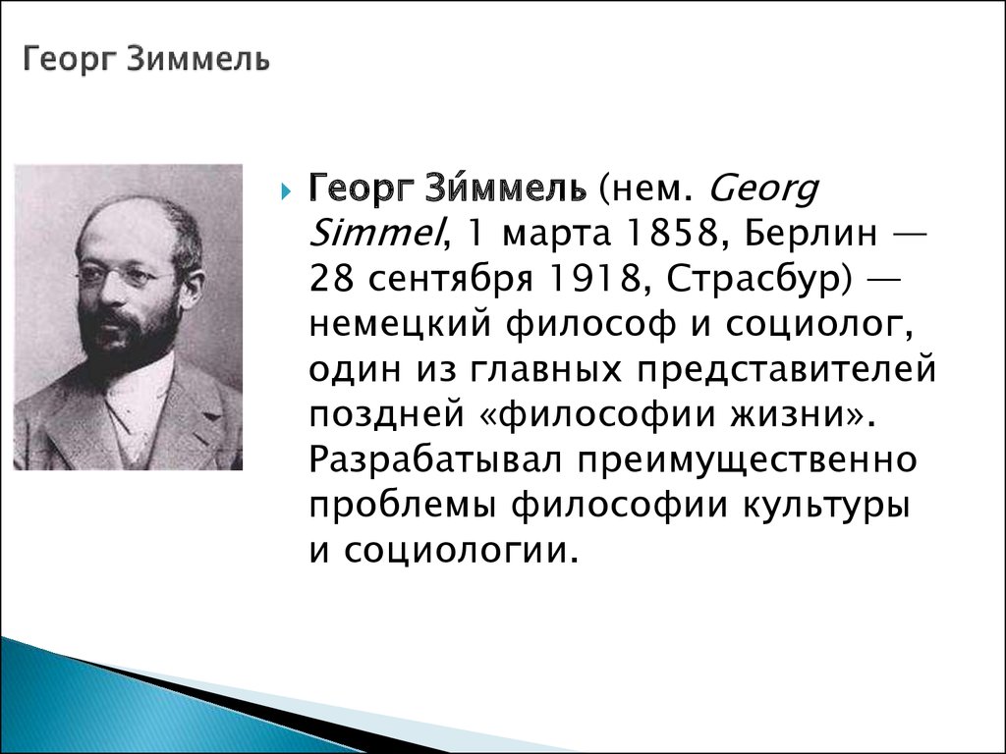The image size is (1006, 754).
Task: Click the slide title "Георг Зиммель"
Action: [x=146, y=60]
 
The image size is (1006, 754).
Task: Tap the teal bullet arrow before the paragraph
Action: [x=286, y=191]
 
